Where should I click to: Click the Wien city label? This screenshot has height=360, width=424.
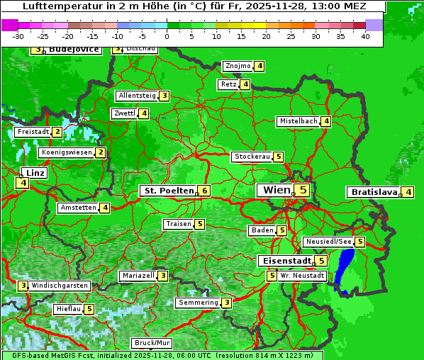point(277,190)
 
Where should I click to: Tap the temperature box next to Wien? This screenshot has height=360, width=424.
point(303,190)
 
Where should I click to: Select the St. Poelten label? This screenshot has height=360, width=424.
point(167,191)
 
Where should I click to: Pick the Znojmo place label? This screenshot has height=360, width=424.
point(238,66)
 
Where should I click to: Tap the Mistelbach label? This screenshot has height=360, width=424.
point(299,121)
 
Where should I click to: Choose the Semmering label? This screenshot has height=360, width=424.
point(198,303)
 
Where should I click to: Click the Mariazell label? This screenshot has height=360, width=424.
point(138,275)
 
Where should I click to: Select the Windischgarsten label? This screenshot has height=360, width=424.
point(60,285)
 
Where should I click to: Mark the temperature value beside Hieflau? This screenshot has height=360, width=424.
point(89,309)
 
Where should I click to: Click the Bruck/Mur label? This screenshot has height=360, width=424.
point(152,342)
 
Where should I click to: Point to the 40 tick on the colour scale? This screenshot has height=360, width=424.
point(365,35)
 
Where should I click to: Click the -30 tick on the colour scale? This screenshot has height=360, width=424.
point(18,35)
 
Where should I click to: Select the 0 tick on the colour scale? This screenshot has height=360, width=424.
point(167,35)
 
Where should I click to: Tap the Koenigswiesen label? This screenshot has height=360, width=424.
point(67,152)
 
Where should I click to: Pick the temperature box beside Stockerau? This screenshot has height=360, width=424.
point(279,157)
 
